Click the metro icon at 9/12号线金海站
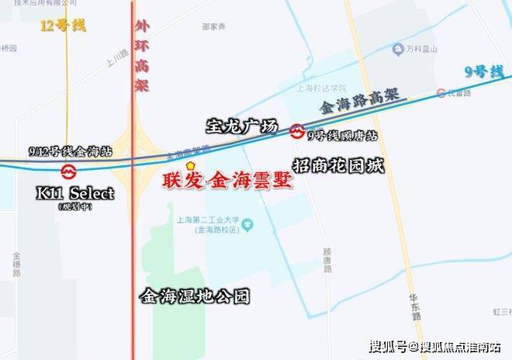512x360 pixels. pyautogui.click(x=67, y=170)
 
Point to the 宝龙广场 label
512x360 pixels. pyautogui.click(x=241, y=124)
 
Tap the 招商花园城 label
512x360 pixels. pyautogui.click(x=339, y=164)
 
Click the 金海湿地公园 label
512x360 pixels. pyautogui.click(x=195, y=296)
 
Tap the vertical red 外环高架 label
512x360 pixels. pyautogui.click(x=140, y=57)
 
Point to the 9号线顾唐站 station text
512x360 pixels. pyautogui.click(x=342, y=135)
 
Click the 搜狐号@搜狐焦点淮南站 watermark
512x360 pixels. pyautogui.click(x=434, y=346)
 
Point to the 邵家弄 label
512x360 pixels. pyautogui.click(x=213, y=26)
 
